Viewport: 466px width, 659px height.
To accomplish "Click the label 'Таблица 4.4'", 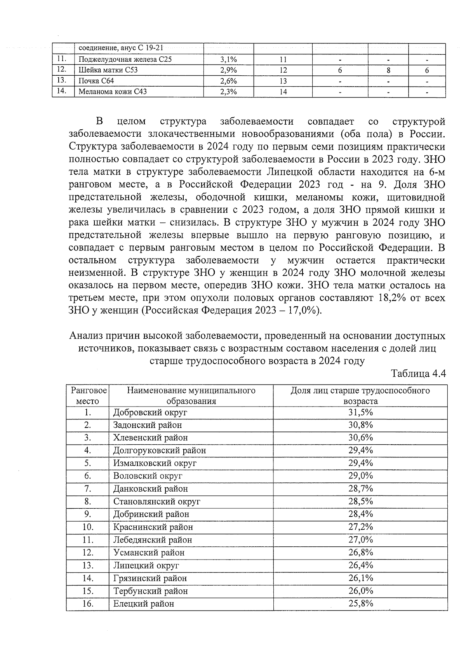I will [x=418, y=374].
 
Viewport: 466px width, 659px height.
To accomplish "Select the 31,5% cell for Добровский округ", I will [x=360, y=412].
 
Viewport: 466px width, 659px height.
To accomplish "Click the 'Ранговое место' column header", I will [x=87, y=395].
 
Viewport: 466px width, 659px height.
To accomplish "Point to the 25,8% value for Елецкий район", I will [x=360, y=603].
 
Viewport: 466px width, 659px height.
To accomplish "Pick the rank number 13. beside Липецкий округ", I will [x=87, y=565].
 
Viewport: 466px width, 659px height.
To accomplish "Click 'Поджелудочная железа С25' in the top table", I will [x=125, y=59].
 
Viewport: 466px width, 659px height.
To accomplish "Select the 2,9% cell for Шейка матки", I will [x=228, y=70].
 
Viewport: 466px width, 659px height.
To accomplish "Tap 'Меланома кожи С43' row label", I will [x=113, y=92].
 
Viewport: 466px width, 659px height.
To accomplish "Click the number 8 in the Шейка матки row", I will [x=388, y=70].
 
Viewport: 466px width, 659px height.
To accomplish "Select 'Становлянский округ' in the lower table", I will [x=156, y=501].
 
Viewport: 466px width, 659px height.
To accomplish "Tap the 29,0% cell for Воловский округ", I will [x=360, y=476].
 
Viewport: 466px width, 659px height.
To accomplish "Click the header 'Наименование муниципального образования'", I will [x=191, y=395].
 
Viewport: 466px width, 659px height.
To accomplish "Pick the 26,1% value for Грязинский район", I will [x=360, y=578].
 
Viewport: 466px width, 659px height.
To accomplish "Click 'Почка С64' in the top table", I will [x=96, y=81].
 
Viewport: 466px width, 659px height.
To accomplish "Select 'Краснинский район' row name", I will [x=153, y=527].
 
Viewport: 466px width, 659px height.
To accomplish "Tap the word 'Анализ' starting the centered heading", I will [x=85, y=335].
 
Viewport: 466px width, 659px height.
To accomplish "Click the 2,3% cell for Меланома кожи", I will [x=228, y=92].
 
